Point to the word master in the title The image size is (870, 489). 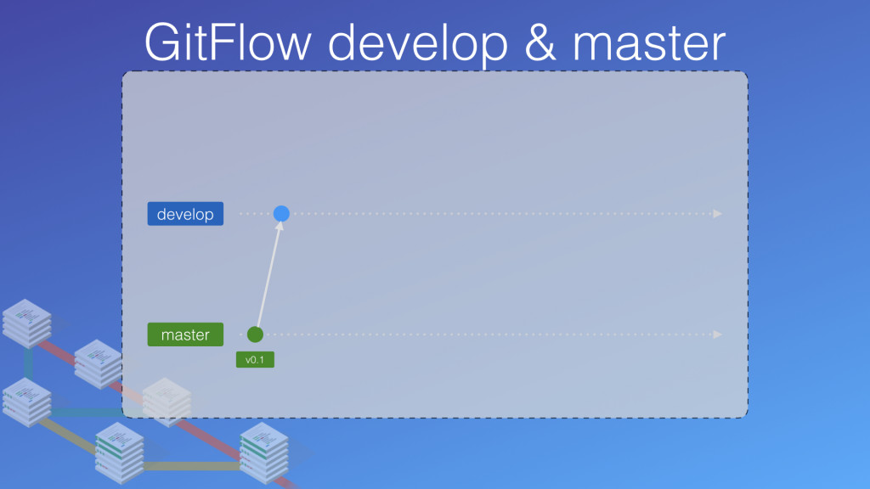pyautogui.click(x=654, y=41)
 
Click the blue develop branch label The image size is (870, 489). pyautogui.click(x=185, y=214)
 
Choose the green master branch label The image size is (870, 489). pyautogui.click(x=185, y=334)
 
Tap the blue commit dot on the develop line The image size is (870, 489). pyautogui.click(x=281, y=214)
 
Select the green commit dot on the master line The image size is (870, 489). pyautogui.click(x=255, y=334)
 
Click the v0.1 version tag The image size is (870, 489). pyautogui.click(x=255, y=360)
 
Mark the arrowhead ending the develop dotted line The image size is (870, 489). pyautogui.click(x=718, y=214)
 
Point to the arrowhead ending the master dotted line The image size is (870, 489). pyautogui.click(x=718, y=334)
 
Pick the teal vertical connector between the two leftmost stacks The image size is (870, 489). pyautogui.click(x=28, y=363)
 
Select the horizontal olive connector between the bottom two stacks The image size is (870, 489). pyautogui.click(x=191, y=465)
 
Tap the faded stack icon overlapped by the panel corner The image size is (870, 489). pyautogui.click(x=166, y=402)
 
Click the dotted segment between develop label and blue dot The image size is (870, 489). pyautogui.click(x=255, y=214)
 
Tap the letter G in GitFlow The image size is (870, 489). pyautogui.click(x=161, y=41)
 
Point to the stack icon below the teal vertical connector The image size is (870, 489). pyautogui.click(x=27, y=402)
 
